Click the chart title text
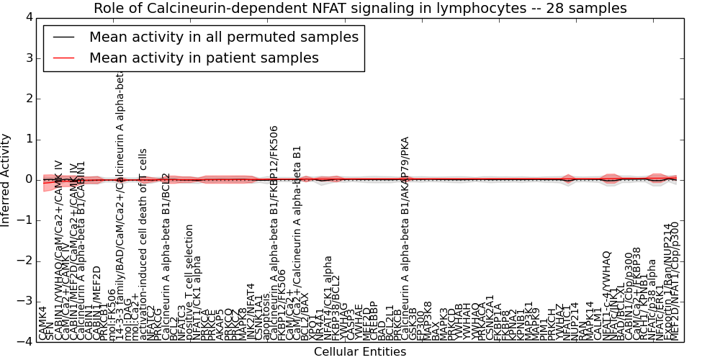(x=360, y=8)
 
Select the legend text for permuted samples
(x=223, y=37)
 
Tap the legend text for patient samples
(x=204, y=58)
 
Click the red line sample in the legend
(x=63, y=58)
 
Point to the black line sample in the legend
(x=63, y=37)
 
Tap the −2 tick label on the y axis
(x=24, y=261)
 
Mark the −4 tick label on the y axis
(x=24, y=341)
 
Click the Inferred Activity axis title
(x=6, y=179)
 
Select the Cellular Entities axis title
(x=360, y=352)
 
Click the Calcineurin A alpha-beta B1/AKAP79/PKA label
(x=405, y=238)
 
